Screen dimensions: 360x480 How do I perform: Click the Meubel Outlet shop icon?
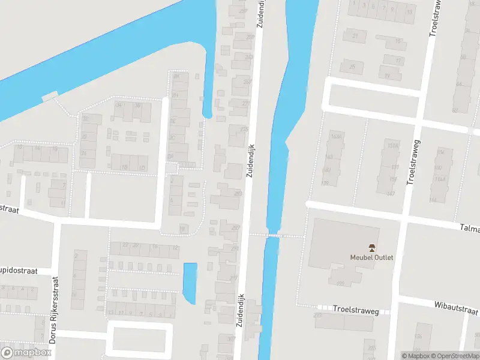point(371,247)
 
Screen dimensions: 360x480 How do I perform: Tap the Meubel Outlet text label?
point(371,257)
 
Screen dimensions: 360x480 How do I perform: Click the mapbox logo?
point(26,352)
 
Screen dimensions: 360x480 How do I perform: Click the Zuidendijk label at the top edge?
point(262,15)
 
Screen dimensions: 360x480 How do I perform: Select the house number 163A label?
point(336,136)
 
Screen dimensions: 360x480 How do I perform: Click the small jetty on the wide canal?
point(49,95)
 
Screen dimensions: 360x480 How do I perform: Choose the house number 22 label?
point(125,245)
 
